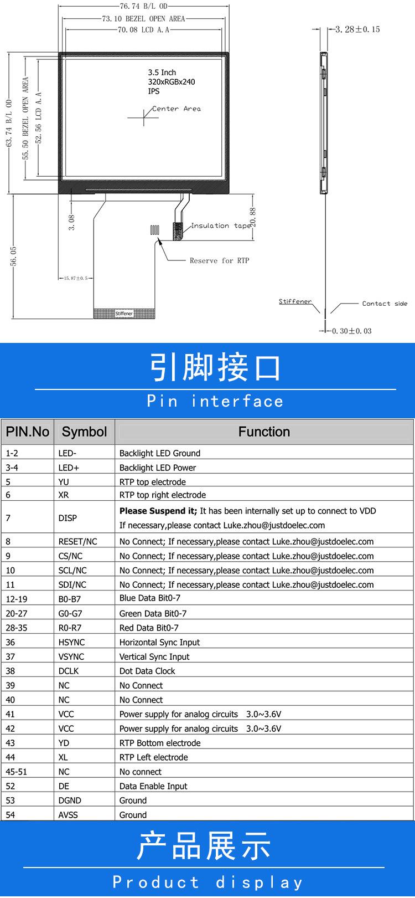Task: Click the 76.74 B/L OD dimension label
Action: click(144, 7)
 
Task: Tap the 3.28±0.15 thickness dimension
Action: click(357, 29)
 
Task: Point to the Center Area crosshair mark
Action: click(143, 117)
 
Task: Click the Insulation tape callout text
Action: click(221, 226)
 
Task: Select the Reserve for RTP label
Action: click(219, 260)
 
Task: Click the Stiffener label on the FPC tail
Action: click(124, 314)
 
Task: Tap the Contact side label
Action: click(385, 304)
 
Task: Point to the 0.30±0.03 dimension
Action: click(351, 331)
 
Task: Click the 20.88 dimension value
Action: click(253, 218)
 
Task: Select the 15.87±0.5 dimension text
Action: click(76, 278)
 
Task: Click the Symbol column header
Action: click(84, 432)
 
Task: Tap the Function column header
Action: click(264, 432)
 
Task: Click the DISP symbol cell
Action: click(68, 518)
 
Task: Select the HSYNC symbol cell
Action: click(71, 642)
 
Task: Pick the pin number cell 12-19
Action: click(16, 599)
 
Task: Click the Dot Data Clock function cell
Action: click(147, 671)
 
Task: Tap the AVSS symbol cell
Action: click(68, 815)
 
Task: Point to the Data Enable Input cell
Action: click(153, 786)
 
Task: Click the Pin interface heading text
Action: click(215, 401)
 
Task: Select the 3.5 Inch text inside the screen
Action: click(162, 73)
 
